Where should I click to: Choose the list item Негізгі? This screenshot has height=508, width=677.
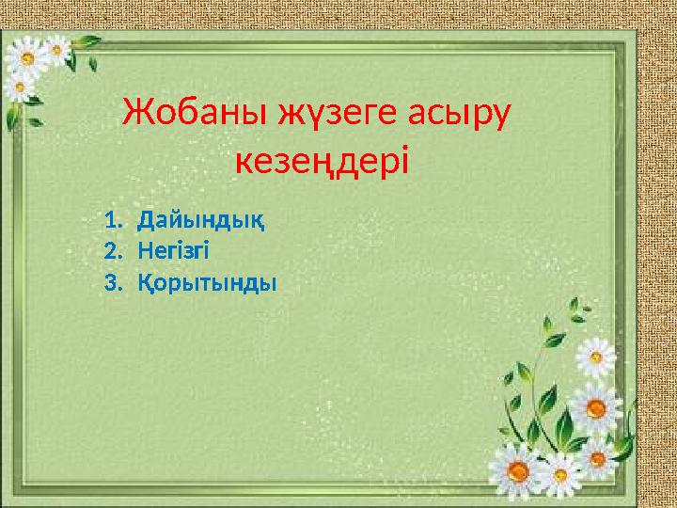point(174,251)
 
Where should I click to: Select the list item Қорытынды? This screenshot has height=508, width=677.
point(207,281)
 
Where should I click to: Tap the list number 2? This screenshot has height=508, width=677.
point(111,251)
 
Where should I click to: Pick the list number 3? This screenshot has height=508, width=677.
point(111,281)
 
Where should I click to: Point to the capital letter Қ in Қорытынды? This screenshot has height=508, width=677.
point(145,281)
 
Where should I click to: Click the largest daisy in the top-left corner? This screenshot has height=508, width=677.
point(27,58)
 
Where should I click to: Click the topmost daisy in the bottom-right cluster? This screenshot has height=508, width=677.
point(596,357)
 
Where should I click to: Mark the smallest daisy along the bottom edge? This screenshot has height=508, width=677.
point(596,458)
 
